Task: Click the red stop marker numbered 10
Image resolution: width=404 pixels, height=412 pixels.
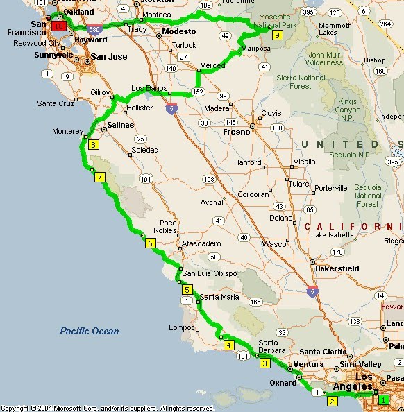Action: pyautogui.click(x=58, y=26)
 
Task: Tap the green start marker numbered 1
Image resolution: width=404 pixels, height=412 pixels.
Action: pyautogui.click(x=382, y=399)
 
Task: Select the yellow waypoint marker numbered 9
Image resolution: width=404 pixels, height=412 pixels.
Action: pyautogui.click(x=277, y=35)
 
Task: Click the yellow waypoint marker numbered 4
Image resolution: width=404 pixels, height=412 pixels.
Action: pyautogui.click(x=228, y=344)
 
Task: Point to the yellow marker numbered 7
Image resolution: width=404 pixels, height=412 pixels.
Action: pyautogui.click(x=100, y=178)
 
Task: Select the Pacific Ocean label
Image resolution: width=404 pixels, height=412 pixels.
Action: pyautogui.click(x=89, y=331)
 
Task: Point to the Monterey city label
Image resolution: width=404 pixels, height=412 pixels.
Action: pyautogui.click(x=68, y=130)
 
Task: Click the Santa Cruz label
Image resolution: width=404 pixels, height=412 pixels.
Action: pyautogui.click(x=56, y=103)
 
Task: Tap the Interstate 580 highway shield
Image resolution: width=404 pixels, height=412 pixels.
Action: pyautogui.click(x=94, y=29)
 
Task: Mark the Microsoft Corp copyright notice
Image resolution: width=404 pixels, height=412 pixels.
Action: pyautogui.click(x=108, y=408)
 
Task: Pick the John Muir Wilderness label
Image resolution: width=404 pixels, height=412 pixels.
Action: pyautogui.click(x=326, y=58)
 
